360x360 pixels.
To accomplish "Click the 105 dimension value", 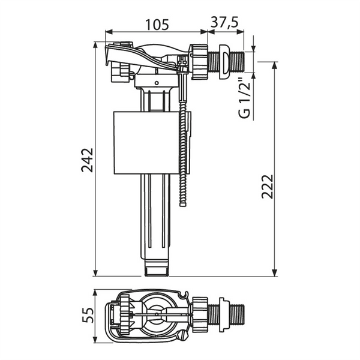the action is (x=157, y=25).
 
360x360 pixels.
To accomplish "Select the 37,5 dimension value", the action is (x=224, y=22).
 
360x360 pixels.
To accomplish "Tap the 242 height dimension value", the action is (x=87, y=160).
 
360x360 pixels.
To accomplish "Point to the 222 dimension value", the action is (x=268, y=187).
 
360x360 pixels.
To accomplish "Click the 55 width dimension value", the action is (x=88, y=315).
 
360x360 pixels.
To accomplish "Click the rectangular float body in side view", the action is (x=146, y=143).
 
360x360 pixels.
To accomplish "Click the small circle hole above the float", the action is (x=157, y=83).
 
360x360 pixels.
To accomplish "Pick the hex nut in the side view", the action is (x=199, y=62).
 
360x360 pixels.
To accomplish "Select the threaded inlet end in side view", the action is (x=238, y=62).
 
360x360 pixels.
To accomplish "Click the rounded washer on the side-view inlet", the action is (x=224, y=62).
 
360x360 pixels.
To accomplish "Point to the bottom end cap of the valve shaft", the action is (x=157, y=268).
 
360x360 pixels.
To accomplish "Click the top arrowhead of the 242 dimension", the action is (x=95, y=45).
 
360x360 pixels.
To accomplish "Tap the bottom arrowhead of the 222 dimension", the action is (x=274, y=273).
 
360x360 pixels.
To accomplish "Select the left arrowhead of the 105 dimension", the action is (x=109, y=32).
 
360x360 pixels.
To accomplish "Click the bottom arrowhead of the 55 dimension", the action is (x=95, y=340).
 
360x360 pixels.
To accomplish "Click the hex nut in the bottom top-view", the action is (x=200, y=314).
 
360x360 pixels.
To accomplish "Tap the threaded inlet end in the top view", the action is (x=238, y=314).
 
